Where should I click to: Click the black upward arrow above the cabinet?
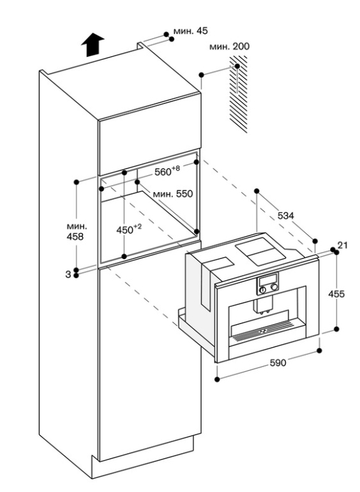click(x=93, y=45)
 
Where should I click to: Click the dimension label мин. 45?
click(x=190, y=31)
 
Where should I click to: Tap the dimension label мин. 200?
click(x=229, y=47)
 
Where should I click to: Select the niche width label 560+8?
click(x=167, y=171)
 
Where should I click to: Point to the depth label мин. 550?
click(x=172, y=193)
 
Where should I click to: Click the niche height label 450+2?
click(x=129, y=229)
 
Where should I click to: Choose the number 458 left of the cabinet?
click(x=75, y=237)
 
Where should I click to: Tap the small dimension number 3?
click(x=68, y=274)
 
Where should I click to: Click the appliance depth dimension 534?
click(x=285, y=216)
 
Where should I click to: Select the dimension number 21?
click(x=342, y=245)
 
